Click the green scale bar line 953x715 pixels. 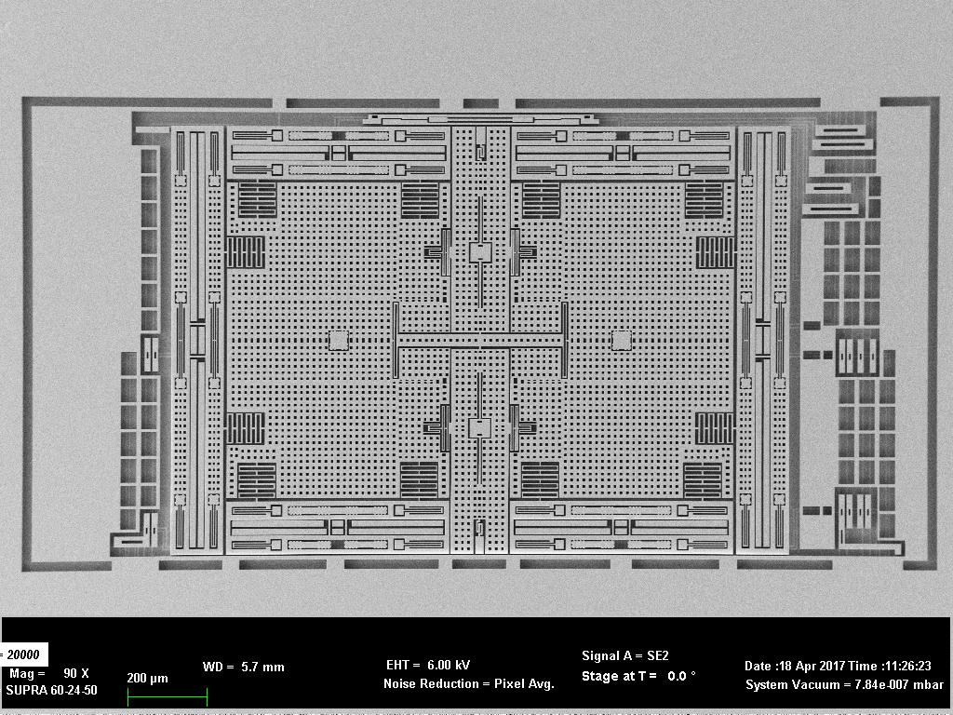168,695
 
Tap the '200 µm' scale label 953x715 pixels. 148,678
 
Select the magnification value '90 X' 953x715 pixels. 76,673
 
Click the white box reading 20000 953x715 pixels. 24,655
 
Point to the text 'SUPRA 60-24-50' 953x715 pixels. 51,691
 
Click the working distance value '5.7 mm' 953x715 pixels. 262,667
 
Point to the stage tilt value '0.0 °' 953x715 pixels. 681,676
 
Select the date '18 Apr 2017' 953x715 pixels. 812,666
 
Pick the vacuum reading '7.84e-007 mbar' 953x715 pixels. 893,684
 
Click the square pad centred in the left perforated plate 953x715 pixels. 338,340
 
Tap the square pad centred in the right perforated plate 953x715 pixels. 621,340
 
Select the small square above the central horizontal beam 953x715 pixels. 479,252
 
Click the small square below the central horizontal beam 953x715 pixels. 479,427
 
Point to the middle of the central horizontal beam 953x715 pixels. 479,340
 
